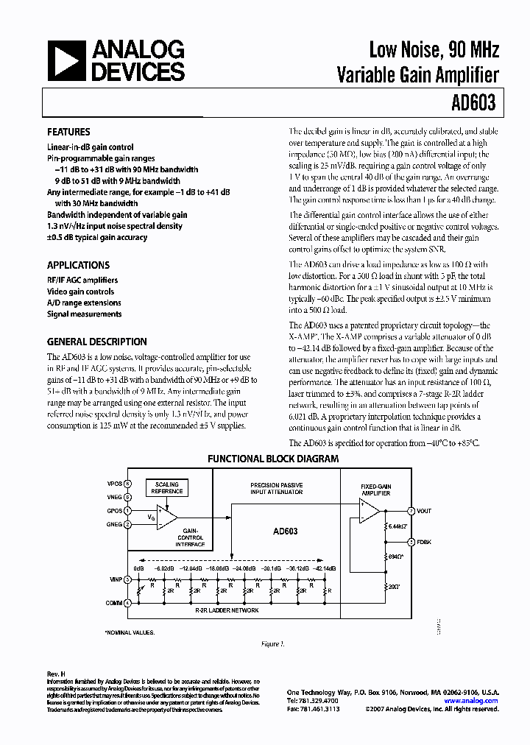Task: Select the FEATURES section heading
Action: (68, 133)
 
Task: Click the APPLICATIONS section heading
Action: (78, 265)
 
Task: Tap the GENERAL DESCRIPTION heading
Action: (96, 342)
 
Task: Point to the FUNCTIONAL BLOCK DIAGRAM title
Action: (273, 459)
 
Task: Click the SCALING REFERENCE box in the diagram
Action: (166, 488)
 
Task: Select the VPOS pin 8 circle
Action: (127, 484)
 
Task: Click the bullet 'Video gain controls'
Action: (80, 292)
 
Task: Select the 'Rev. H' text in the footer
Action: (57, 674)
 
